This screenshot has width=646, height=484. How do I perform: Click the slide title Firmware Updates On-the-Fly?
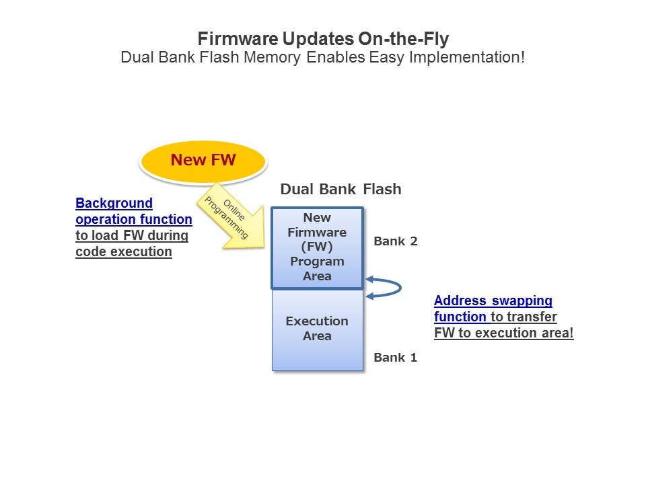click(322, 39)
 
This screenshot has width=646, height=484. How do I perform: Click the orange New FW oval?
click(203, 160)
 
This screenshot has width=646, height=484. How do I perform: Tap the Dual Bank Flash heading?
click(340, 189)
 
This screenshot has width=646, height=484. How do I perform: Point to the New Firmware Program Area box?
click(317, 247)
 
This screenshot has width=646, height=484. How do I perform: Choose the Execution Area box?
click(317, 329)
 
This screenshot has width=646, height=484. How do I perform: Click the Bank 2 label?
click(396, 241)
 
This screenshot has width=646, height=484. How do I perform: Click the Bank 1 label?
click(396, 358)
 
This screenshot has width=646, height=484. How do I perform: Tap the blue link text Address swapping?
click(493, 300)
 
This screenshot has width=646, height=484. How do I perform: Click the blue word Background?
click(114, 203)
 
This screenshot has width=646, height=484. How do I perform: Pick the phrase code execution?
click(123, 251)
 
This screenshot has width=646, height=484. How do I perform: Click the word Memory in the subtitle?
click(271, 57)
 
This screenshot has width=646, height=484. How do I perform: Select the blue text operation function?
click(133, 219)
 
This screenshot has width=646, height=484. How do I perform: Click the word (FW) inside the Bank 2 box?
click(317, 247)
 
